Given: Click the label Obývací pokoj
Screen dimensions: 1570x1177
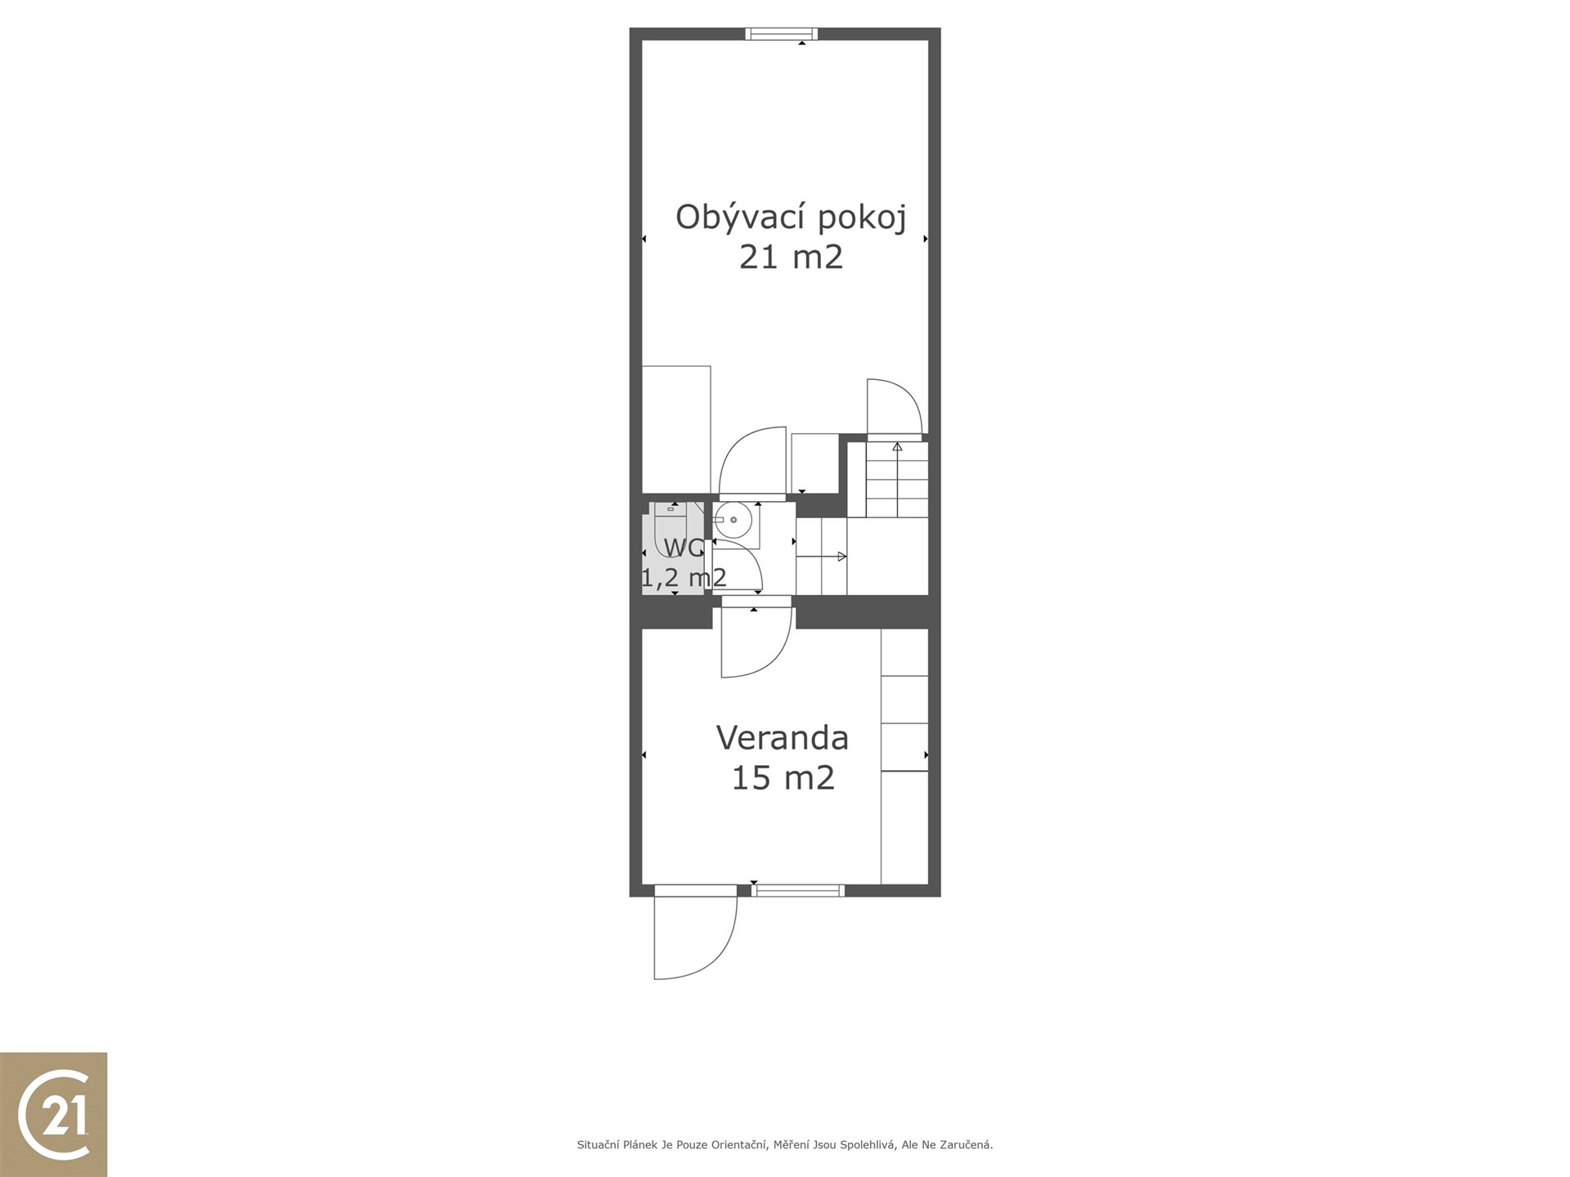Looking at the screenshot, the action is pos(791,218).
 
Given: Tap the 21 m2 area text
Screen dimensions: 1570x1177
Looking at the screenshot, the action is pos(791,257).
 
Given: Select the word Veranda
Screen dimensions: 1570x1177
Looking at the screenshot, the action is pos(783,737).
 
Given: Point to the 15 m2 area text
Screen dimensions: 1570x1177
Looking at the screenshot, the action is pos(783,777).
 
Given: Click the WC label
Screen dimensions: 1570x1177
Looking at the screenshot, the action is pos(684,548).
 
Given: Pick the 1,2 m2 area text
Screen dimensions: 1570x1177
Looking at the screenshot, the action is pos(684,578).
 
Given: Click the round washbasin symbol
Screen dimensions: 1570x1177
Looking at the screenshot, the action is pos(733,520).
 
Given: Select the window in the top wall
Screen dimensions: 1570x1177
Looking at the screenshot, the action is pos(782,34).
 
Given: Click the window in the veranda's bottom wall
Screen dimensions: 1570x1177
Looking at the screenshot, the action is pos(798,890).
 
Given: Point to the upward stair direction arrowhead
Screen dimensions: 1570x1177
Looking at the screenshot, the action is pos(897,447).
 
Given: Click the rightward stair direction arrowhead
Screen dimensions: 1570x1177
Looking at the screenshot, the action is pos(842,557).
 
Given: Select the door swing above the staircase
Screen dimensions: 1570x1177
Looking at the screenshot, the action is pos(895,407).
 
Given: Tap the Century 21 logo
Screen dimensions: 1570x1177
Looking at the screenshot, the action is pos(54,1114).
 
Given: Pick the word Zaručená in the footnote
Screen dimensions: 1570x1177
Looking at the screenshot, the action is pos(967,1145).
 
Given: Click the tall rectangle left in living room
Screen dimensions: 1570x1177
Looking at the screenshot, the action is pos(676,429).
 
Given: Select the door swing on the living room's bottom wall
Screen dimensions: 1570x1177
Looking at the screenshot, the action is pos(752,462).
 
